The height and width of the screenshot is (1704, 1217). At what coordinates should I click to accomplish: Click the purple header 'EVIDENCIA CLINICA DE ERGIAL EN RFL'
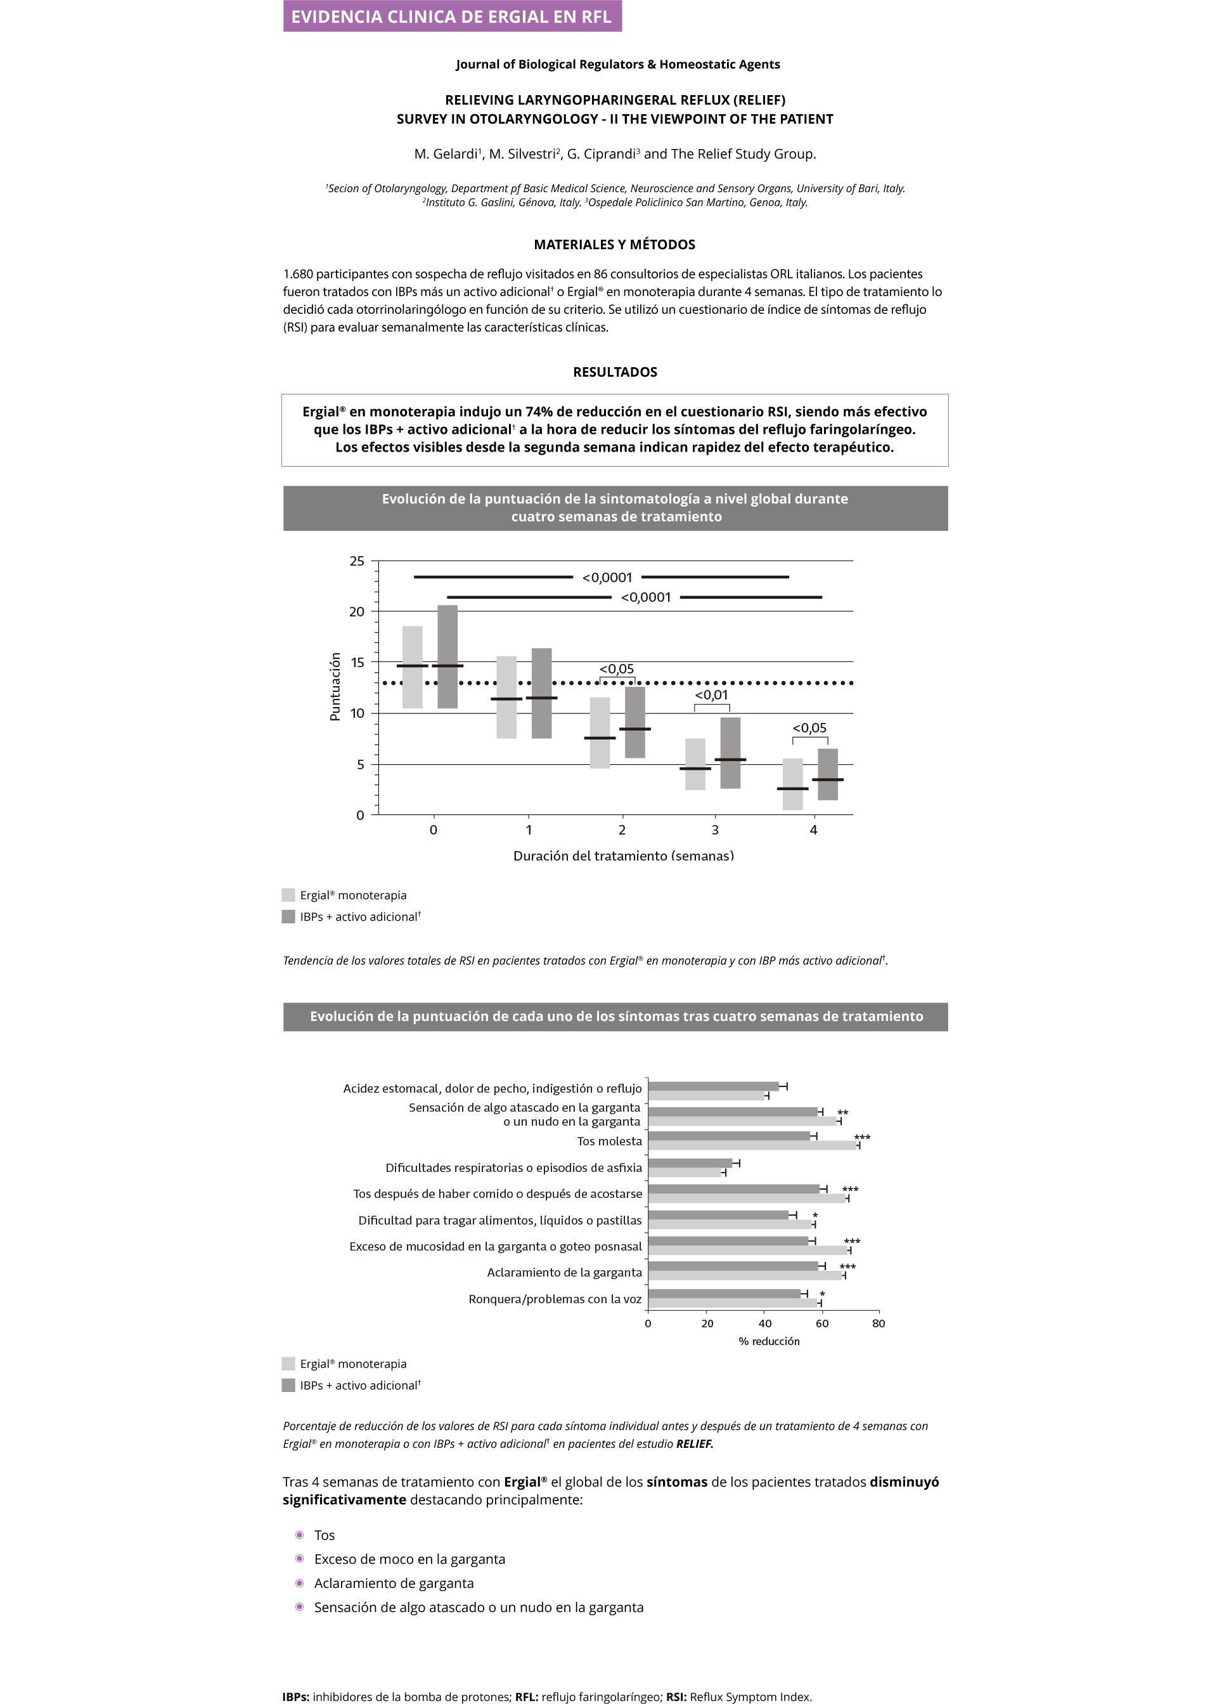click(x=452, y=16)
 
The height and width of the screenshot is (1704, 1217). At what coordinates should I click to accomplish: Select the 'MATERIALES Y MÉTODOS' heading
click(x=614, y=244)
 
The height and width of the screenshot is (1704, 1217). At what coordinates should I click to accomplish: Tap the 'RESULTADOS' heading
click(x=614, y=372)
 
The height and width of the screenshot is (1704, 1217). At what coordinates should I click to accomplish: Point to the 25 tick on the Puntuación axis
click(x=357, y=561)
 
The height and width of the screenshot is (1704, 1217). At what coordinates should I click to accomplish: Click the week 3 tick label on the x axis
click(x=715, y=830)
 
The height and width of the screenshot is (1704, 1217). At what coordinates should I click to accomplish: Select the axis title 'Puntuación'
click(x=335, y=686)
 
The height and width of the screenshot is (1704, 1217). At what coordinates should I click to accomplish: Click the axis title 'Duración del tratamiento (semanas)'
click(x=624, y=855)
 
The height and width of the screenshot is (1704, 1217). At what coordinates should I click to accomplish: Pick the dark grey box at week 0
click(x=448, y=657)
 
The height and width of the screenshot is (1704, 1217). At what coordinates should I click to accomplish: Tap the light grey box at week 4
click(x=792, y=784)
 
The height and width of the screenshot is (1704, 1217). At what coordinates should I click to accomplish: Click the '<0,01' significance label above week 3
click(x=711, y=695)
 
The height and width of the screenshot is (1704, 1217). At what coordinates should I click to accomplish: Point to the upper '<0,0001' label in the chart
click(x=607, y=577)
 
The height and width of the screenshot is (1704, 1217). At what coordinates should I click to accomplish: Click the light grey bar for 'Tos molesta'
click(x=752, y=1145)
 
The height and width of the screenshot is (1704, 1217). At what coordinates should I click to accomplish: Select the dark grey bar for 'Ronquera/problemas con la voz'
click(x=724, y=1293)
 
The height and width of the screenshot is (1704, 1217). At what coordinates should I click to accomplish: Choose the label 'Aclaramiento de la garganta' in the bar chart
click(x=564, y=1272)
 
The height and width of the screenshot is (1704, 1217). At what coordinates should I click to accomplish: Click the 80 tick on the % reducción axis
click(x=879, y=1323)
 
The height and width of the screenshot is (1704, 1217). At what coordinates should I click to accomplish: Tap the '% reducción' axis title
click(x=769, y=1341)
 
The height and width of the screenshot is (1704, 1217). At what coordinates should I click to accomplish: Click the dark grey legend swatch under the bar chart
click(x=288, y=1386)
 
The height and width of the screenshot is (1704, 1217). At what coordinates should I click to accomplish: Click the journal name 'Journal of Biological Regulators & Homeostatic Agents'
click(x=617, y=65)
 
